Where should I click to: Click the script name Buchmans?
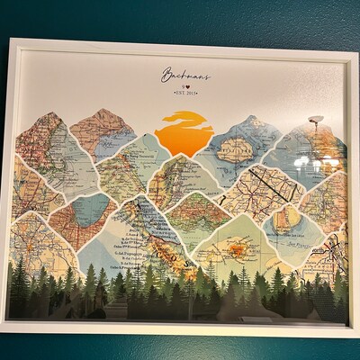tap(186, 75)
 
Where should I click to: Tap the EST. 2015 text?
tap(186, 92)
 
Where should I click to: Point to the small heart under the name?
tap(186, 85)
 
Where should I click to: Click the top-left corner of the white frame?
tap(8, 40)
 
